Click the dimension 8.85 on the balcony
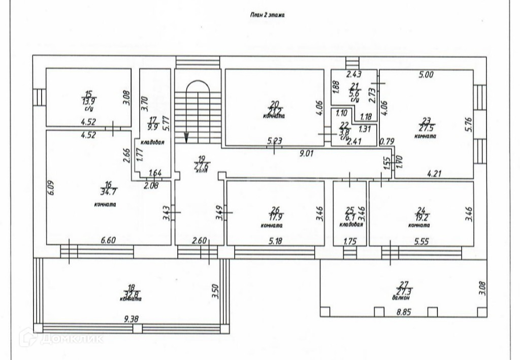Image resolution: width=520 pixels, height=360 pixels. click(403, 313)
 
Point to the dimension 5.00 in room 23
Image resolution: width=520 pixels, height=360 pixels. click(426, 75)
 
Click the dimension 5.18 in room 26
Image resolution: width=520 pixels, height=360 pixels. click(275, 242)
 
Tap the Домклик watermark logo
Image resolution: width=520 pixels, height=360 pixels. click(61, 338)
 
